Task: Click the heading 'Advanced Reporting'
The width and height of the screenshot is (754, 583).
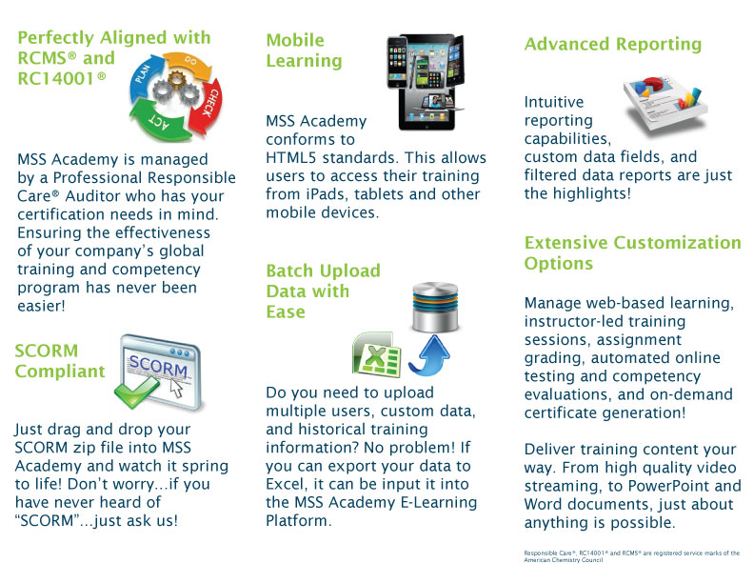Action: coord(613,44)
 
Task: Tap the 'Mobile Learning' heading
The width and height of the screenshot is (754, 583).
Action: coord(304,50)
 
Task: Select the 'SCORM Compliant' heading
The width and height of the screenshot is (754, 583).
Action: coord(60,361)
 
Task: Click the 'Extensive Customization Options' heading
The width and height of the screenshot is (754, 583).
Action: coord(632,253)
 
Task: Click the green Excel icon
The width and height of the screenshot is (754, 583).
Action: coord(377,354)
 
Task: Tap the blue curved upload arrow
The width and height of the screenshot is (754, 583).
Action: coord(429,355)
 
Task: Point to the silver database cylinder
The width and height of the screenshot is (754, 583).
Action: coord(435,307)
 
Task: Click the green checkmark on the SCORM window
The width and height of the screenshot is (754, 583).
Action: coord(136,392)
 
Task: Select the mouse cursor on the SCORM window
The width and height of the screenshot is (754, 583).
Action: coord(176,388)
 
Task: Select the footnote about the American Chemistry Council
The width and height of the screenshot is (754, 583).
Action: coord(632,556)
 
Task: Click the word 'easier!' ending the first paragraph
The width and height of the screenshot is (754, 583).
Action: coord(41,306)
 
